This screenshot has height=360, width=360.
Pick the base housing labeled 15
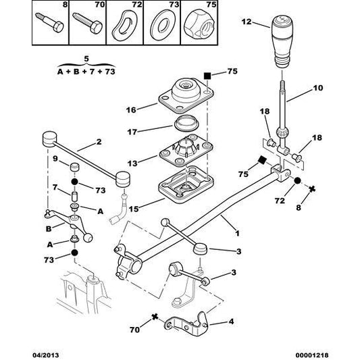coord(181,186)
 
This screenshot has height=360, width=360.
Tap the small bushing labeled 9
coord(76,168)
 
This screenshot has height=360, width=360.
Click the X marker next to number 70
coord(156,317)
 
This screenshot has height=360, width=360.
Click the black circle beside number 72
coord(297,181)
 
